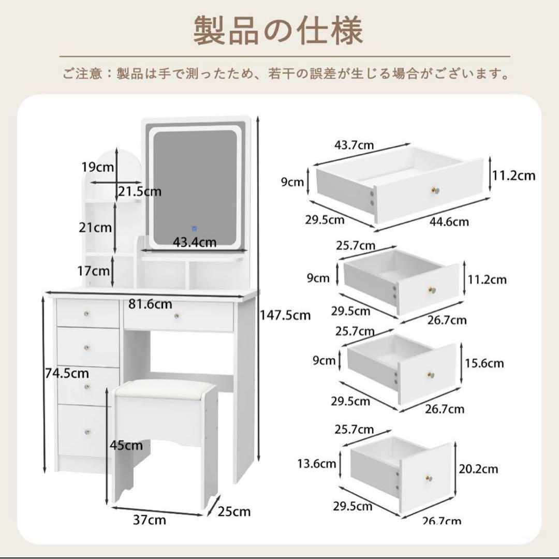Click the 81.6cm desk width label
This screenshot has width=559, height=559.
150,304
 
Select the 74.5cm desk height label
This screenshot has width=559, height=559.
66,373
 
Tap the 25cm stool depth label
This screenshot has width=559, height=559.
233,512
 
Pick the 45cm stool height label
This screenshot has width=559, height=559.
126,445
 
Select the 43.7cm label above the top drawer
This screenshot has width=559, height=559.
354,145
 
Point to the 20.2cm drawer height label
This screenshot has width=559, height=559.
478,469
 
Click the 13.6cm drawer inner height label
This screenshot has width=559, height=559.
317,463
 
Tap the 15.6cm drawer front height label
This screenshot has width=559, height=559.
484,363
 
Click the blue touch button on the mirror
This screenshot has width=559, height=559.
195,228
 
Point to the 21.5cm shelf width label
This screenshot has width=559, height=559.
139,192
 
